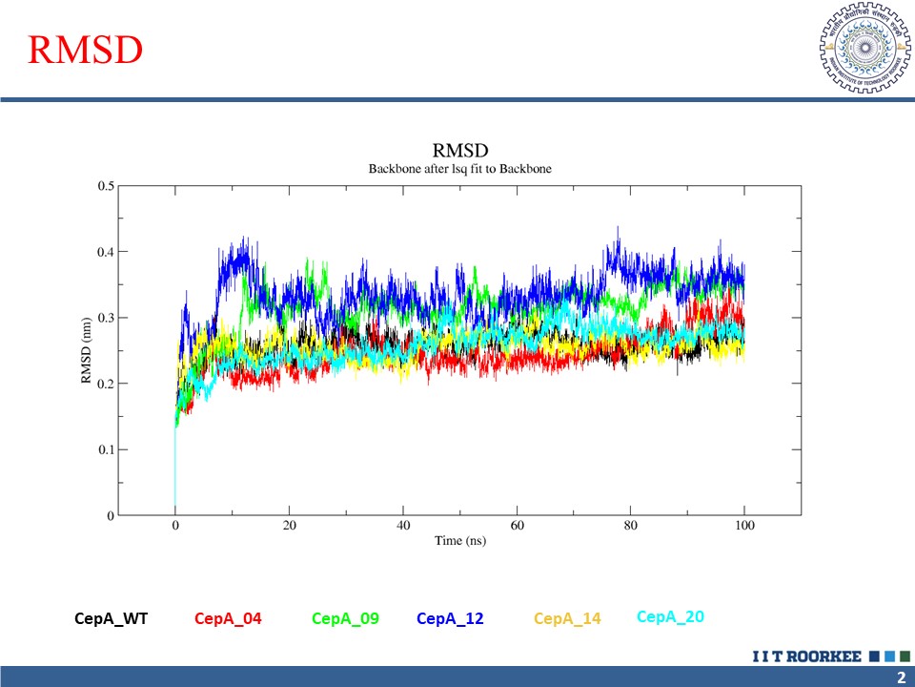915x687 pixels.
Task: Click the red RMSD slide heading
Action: (x=86, y=51)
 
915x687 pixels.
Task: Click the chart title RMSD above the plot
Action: (x=459, y=151)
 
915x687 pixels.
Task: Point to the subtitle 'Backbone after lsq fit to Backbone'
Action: (x=459, y=169)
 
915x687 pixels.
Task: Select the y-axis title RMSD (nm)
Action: (x=86, y=350)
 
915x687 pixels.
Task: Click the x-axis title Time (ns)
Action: (x=459, y=541)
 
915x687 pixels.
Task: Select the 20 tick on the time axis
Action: (x=289, y=526)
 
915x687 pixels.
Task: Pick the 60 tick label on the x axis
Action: (x=517, y=526)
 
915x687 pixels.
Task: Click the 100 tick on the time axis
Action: (x=744, y=526)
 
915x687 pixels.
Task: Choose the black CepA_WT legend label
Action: (x=111, y=619)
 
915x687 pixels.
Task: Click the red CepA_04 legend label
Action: (x=228, y=619)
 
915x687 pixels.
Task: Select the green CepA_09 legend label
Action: (x=345, y=619)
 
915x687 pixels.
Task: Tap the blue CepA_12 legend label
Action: (x=450, y=619)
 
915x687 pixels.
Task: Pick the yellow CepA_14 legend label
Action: (x=567, y=619)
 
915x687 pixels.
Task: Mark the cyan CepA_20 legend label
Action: (x=670, y=617)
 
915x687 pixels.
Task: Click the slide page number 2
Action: (x=901, y=677)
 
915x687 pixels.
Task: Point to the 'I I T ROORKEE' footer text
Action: (x=806, y=656)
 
